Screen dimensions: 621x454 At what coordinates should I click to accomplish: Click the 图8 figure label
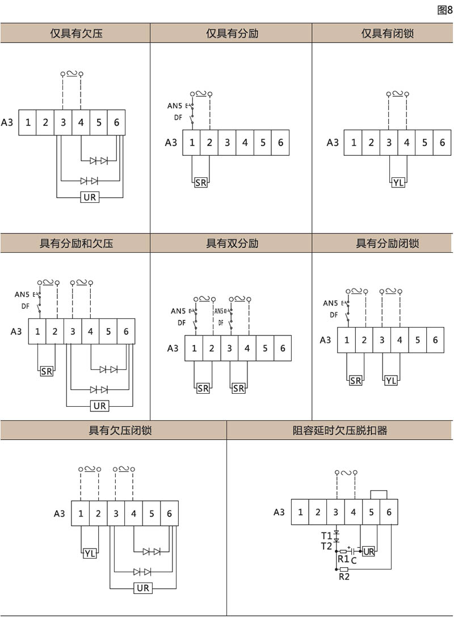[445, 10]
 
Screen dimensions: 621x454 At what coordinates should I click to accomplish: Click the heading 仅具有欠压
[76, 33]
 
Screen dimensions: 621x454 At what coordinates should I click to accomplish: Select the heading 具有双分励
[232, 244]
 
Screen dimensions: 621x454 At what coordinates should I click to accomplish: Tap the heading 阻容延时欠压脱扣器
[339, 431]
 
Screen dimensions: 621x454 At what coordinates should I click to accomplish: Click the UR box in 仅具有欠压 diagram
[90, 198]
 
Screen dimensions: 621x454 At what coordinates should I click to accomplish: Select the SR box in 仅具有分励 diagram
[201, 182]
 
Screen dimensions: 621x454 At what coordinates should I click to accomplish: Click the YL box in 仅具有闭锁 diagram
[398, 182]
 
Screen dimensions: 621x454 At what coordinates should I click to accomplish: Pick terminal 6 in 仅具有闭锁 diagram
[442, 142]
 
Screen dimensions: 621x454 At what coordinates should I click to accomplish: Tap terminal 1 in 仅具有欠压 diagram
[27, 122]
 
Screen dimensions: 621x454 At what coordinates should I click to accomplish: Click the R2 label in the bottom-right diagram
[343, 577]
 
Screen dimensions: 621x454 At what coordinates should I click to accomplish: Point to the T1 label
[326, 535]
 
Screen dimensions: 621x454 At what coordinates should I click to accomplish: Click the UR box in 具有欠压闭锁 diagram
[143, 588]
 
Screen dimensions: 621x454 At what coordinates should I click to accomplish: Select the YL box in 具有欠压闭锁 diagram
[90, 554]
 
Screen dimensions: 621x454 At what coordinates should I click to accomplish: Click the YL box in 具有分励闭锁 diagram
[391, 380]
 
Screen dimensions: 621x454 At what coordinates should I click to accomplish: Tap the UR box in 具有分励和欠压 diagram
[100, 406]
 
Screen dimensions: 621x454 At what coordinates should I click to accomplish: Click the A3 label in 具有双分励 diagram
[173, 348]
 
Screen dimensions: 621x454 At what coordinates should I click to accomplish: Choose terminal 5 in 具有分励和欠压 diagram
[108, 331]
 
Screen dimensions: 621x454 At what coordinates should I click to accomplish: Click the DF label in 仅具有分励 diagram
[178, 117]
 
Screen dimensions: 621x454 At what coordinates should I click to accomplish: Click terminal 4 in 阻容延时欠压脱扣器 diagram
[353, 512]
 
